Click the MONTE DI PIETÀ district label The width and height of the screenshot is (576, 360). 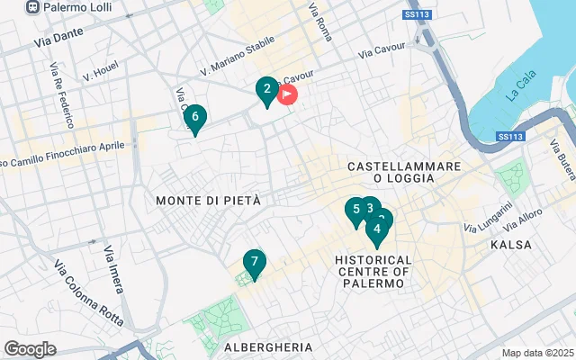pyautogui.click(x=208, y=200)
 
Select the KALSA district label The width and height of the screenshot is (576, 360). pyautogui.click(x=511, y=245)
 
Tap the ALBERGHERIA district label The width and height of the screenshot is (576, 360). pyautogui.click(x=268, y=346)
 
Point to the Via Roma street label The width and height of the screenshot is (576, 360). pyautogui.click(x=320, y=23)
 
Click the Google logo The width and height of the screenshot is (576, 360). pyautogui.click(x=30, y=349)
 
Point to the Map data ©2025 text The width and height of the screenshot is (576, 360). pyautogui.click(x=537, y=353)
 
